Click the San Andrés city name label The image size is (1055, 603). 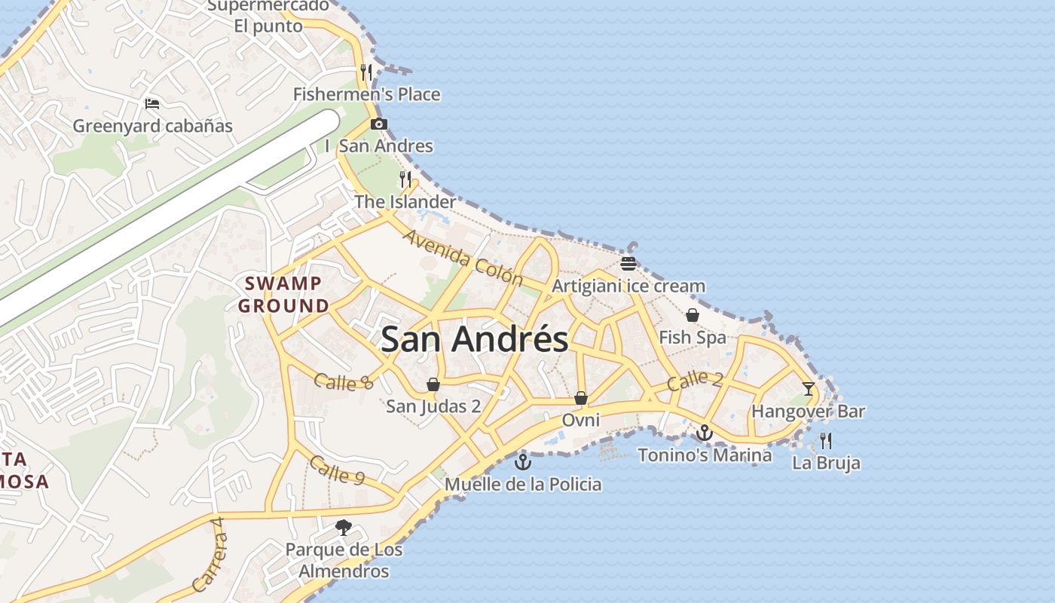pos(474,339)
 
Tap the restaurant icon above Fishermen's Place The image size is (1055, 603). pos(366,72)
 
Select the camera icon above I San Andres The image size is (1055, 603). pos(378,124)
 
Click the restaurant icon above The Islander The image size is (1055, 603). pos(405,179)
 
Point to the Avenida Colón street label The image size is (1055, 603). pos(463,258)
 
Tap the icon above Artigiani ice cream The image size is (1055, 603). pos(628,263)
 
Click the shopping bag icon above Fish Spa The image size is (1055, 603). pos(692,315)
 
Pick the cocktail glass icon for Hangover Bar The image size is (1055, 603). pos(809,389)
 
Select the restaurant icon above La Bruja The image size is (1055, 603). pos(826,440)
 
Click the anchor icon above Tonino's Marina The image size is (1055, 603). pos(704,433)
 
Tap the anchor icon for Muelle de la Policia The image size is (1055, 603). pos(522,461)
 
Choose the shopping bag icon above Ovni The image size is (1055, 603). pos(581,397)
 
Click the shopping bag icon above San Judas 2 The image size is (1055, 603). pos(433,384)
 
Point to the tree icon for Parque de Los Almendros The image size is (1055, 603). pos(344,528)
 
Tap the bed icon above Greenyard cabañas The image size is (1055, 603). pos(152,103)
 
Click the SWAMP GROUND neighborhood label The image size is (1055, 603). pos(283,295)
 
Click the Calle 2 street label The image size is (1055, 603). pos(695,380)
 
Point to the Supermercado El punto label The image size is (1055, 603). pos(268,16)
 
